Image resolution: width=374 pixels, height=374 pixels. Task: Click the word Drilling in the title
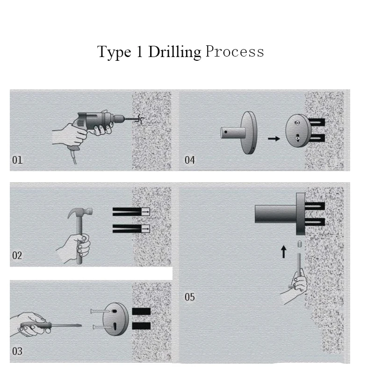tap(174, 52)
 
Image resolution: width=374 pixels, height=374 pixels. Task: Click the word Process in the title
tap(235, 51)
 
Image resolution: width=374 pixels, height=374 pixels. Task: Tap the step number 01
tap(17, 160)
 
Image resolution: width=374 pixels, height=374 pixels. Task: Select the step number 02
tap(17, 255)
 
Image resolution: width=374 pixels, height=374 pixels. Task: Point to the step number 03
tap(17, 351)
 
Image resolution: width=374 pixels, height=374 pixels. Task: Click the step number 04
tap(190, 160)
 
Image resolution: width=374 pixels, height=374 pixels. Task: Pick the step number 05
tap(190, 297)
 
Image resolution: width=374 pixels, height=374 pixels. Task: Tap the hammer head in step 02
tap(80, 212)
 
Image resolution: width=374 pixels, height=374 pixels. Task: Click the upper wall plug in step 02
tap(131, 212)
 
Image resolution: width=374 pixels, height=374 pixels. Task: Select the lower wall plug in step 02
tap(131, 229)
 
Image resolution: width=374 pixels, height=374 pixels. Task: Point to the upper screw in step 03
tap(100, 311)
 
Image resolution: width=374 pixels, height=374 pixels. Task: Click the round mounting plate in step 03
tap(115, 319)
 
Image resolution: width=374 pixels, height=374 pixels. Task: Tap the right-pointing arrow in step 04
tap(274, 138)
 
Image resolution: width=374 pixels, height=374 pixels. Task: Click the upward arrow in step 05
tap(283, 252)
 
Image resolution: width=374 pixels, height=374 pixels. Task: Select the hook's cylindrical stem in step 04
tap(233, 133)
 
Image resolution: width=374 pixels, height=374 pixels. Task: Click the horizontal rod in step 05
tap(276, 214)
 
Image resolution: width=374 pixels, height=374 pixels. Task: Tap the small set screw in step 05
tap(300, 244)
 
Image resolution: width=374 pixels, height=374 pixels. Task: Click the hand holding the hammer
tap(76, 248)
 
